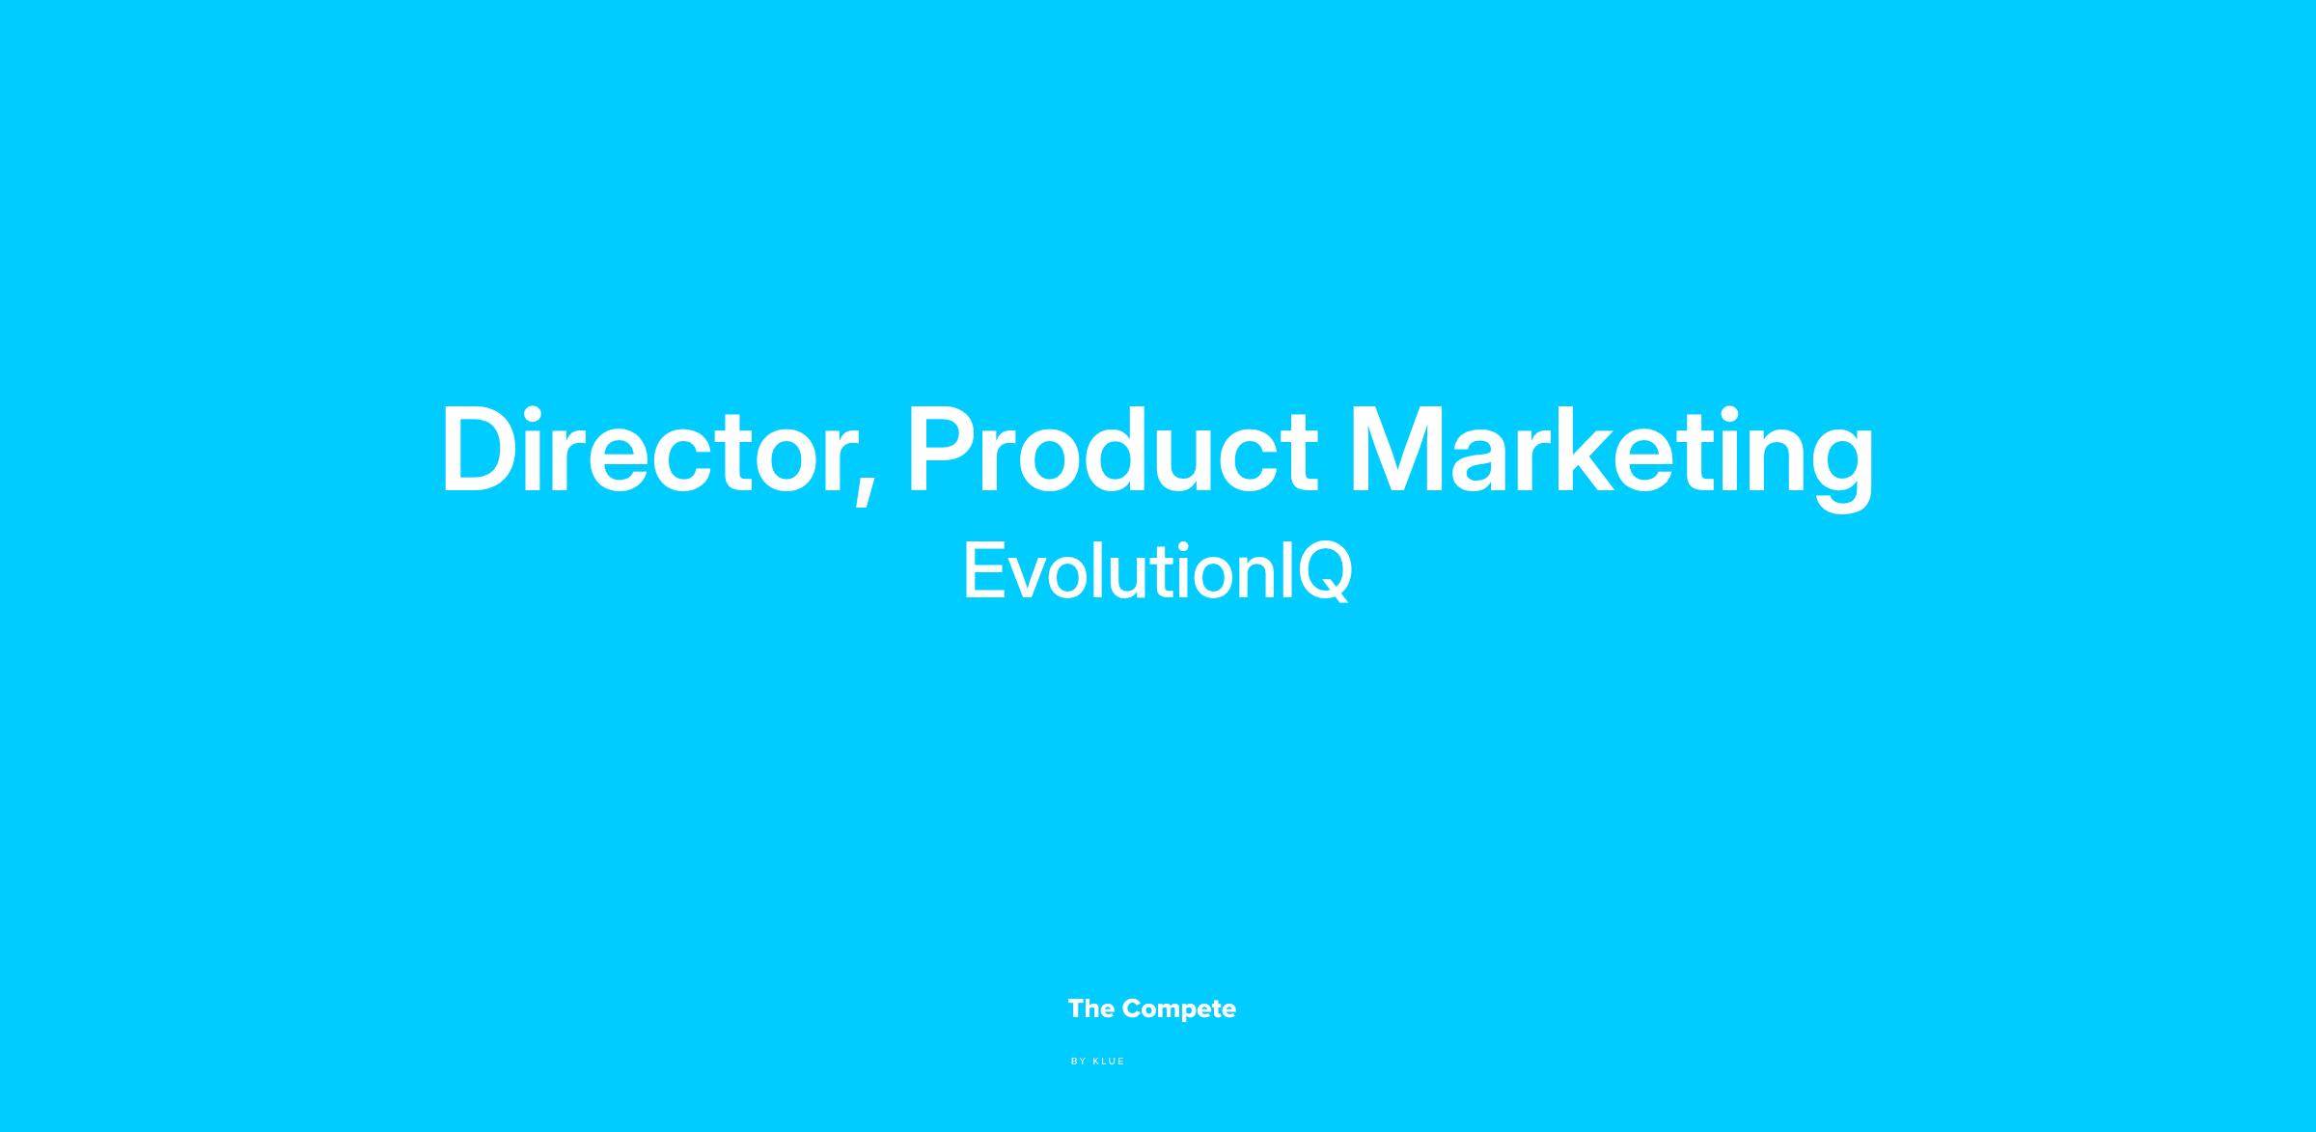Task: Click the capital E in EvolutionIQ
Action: [985, 570]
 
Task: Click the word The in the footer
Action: [1091, 1008]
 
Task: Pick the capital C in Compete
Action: [1132, 1008]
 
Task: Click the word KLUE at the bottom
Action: [1109, 1062]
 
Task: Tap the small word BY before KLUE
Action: [1079, 1062]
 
